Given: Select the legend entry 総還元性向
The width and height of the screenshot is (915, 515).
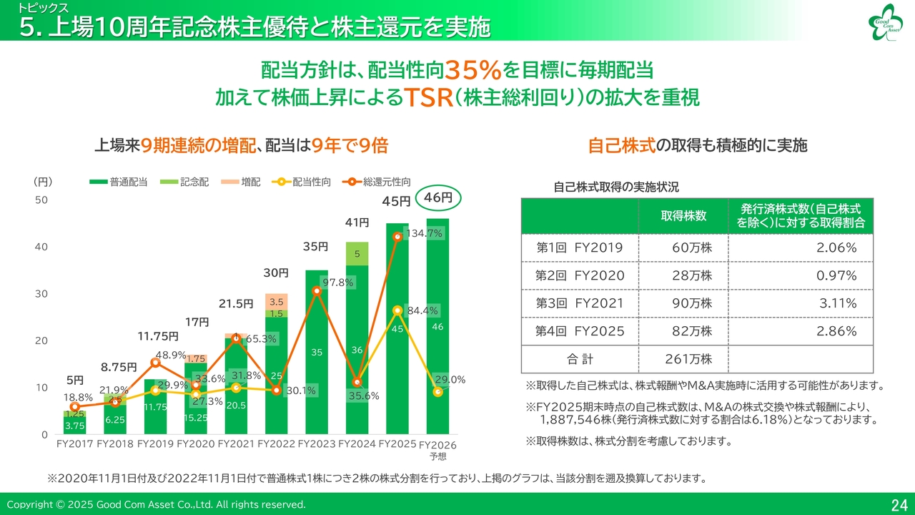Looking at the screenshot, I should (x=387, y=182).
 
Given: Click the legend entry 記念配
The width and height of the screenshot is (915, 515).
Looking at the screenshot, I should (x=194, y=182).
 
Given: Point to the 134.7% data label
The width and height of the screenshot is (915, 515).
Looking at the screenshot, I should (x=425, y=233).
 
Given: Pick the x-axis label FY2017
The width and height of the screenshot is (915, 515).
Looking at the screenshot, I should (x=74, y=444).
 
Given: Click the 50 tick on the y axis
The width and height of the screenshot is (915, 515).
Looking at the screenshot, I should (x=41, y=200).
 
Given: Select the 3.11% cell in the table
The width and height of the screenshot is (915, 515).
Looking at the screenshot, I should (x=838, y=303).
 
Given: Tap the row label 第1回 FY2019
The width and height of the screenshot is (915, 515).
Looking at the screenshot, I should (x=579, y=247).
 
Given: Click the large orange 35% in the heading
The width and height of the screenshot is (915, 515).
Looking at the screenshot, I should (x=472, y=70).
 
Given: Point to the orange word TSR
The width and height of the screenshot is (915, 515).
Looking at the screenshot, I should (x=429, y=98).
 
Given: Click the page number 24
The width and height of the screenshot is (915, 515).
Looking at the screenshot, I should (x=899, y=505).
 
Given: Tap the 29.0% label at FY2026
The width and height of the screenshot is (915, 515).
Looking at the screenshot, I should (x=451, y=380).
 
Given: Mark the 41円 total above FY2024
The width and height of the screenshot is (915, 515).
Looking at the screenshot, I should (x=357, y=223).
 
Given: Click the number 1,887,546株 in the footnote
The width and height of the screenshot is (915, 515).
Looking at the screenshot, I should (x=578, y=420).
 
